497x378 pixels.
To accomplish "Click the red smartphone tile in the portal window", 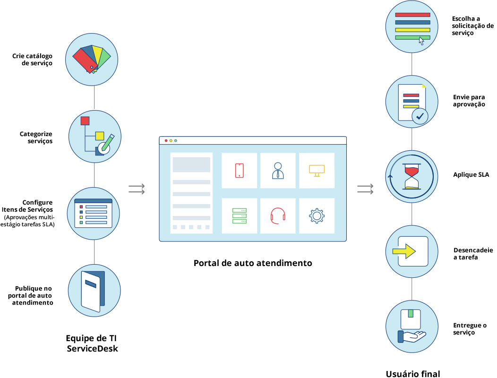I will (240, 170).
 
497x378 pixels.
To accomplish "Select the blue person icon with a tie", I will (278, 170).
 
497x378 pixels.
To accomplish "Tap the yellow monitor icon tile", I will (317, 170).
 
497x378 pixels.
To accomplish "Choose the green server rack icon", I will (240, 215).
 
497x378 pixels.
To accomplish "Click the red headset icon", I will (278, 215).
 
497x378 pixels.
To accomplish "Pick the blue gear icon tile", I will (317, 215).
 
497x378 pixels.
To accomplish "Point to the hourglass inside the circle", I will (411, 177).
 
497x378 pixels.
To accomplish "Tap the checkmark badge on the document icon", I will (420, 116).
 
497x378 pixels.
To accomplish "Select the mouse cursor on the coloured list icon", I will (421, 41).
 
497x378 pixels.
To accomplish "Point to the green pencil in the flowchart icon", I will (107, 143).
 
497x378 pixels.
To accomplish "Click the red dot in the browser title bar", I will (166, 140).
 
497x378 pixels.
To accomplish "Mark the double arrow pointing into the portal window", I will (137, 189).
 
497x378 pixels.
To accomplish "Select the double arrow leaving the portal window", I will (365, 189).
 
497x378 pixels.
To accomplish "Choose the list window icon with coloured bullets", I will (94, 214).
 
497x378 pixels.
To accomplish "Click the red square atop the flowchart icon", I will (85, 120).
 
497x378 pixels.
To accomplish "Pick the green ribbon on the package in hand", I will (411, 313).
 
